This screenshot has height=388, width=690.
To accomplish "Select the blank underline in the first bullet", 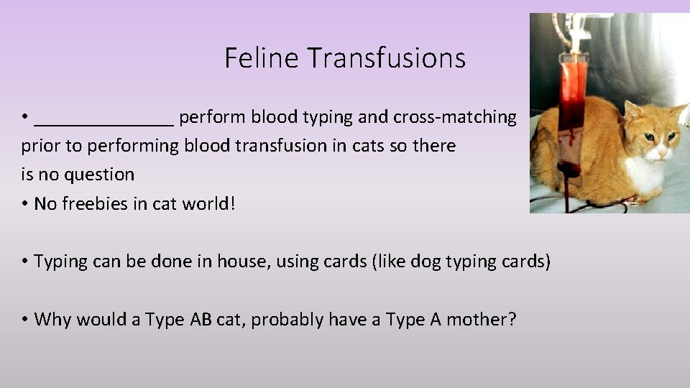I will [x=103, y=122].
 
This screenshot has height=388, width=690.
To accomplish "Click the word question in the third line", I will [x=100, y=175].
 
